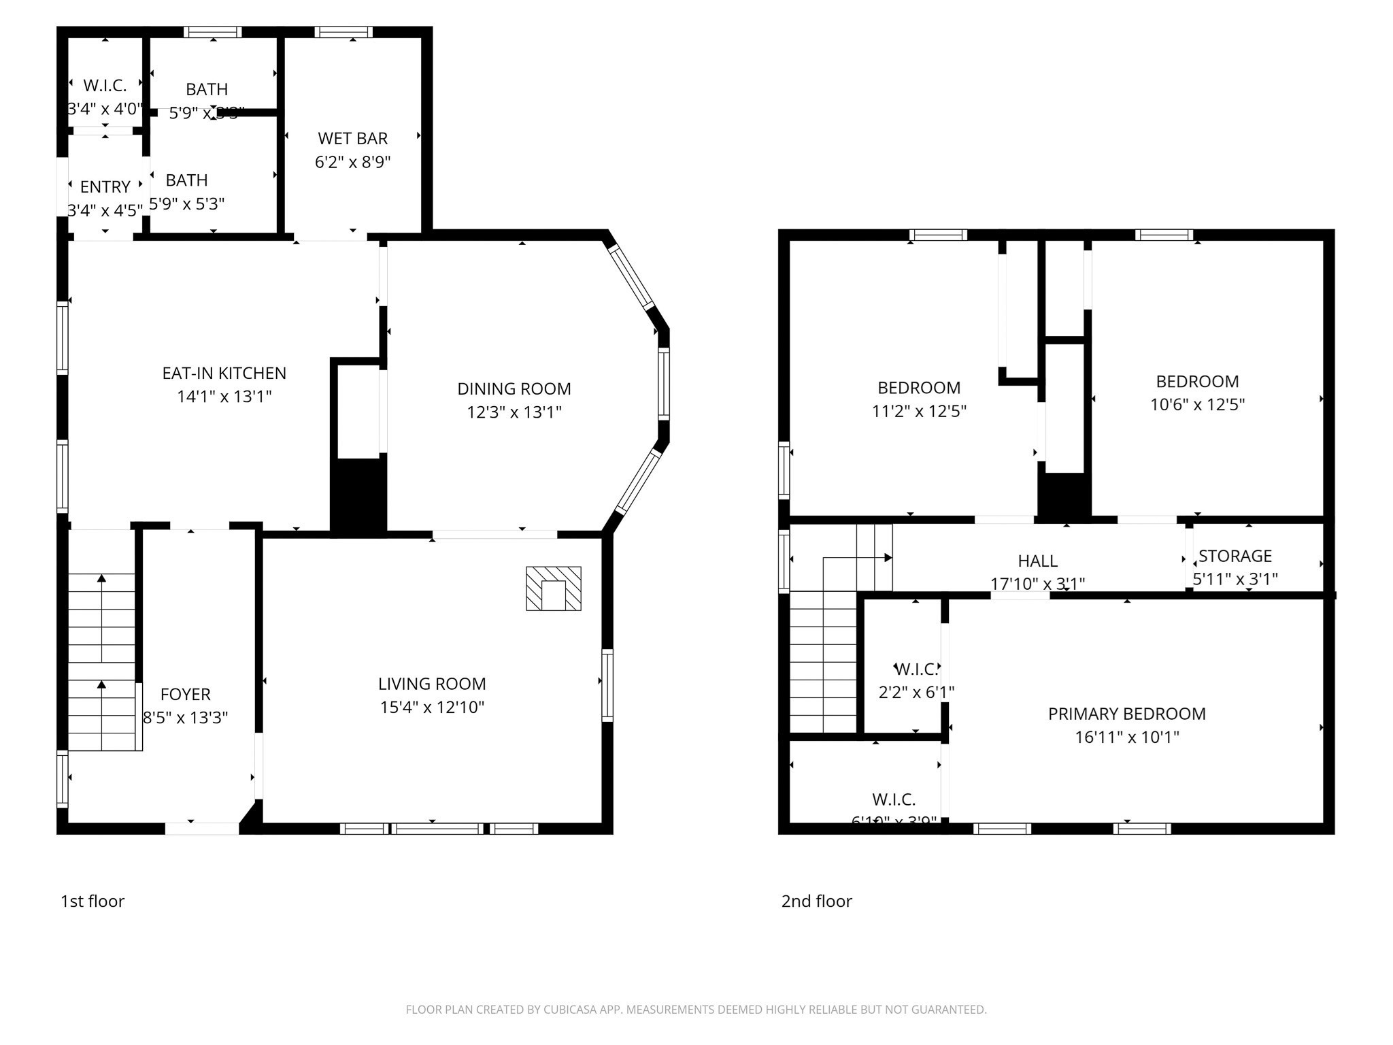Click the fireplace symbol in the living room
(553, 588)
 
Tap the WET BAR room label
(352, 138)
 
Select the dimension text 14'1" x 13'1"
(224, 396)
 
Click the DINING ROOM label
(514, 388)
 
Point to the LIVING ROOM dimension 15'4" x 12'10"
(432, 707)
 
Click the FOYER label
(185, 694)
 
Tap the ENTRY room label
(105, 186)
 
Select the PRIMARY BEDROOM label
(1126, 714)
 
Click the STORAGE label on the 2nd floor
(1235, 556)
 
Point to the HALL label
(1037, 561)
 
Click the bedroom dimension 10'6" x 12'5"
(1197, 404)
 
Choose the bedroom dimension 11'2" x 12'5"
(919, 411)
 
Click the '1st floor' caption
(93, 901)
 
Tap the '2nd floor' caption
(816, 901)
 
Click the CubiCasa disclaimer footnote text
(696, 1010)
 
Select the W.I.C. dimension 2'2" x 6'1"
(916, 692)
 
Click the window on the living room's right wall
(607, 685)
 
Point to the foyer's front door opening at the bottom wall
(202, 828)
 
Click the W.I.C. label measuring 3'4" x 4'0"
(105, 86)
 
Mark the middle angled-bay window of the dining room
(664, 384)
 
